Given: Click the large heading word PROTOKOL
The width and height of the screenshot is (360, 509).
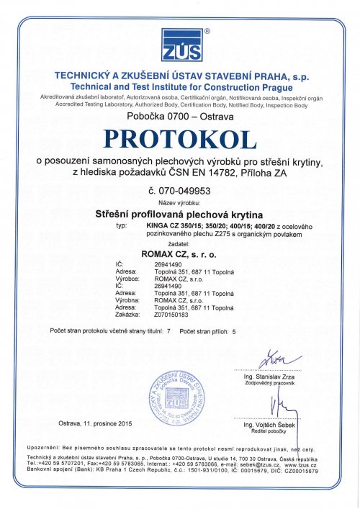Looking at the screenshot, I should pos(179,137).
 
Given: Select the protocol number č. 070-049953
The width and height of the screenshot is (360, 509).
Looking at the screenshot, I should pos(179,192).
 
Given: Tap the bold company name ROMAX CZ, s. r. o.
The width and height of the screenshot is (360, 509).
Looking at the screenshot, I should pos(179,253).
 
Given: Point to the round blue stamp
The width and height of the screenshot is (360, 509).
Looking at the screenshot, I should pos(176,398).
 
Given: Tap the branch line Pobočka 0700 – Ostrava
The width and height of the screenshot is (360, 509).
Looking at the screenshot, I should pos(179,115).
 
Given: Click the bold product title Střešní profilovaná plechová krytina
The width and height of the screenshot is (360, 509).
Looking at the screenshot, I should pos(179,214).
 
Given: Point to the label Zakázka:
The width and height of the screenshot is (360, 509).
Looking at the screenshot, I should pos(127,315).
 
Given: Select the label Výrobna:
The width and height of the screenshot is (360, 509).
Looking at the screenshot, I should pos(128,299).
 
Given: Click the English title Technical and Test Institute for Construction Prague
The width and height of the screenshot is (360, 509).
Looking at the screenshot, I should pos(179,86).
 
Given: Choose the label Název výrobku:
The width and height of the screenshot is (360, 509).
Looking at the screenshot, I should pos(179,203).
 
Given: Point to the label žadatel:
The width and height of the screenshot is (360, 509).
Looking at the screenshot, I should pos(179,244).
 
